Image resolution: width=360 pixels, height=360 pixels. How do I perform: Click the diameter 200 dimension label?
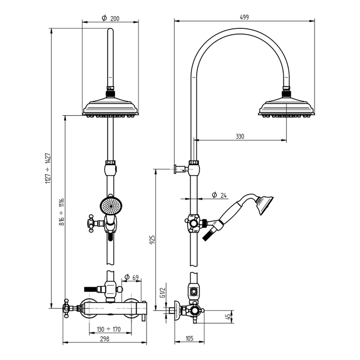pyautogui.click(x=111, y=18)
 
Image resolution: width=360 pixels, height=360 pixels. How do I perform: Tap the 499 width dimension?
pyautogui.click(x=244, y=17)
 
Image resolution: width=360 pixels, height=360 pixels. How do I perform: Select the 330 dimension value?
pyautogui.click(x=240, y=136)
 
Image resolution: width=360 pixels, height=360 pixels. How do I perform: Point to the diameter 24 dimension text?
pyautogui.click(x=219, y=195)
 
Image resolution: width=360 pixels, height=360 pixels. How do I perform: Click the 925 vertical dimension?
pyautogui.click(x=152, y=240)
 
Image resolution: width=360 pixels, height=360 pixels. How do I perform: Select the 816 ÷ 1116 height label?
pyautogui.click(x=62, y=211)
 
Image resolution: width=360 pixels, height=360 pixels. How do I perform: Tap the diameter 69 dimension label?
pyautogui.click(x=131, y=277)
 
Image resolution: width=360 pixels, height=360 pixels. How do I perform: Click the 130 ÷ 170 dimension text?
pyautogui.click(x=109, y=329)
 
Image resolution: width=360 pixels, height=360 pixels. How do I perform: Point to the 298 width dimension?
pyautogui.click(x=104, y=339)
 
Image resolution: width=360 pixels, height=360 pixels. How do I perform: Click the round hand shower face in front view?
pyautogui.click(x=110, y=206)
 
